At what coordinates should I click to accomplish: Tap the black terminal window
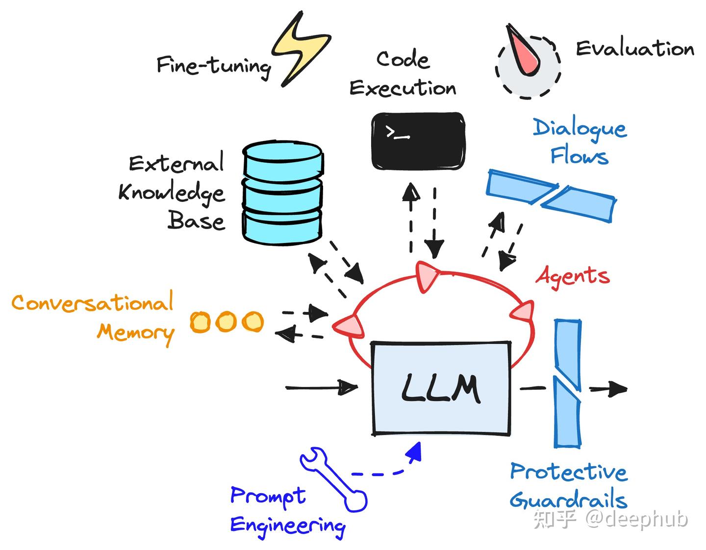[x=418, y=141]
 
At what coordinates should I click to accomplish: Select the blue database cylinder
[x=282, y=193]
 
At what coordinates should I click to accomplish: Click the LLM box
[x=441, y=388]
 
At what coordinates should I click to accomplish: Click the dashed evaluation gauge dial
[x=527, y=66]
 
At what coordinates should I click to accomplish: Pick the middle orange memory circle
[x=226, y=322]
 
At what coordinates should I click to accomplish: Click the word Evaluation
[x=635, y=48]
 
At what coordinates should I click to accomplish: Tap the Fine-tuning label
[x=213, y=66]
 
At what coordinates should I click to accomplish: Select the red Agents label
[x=573, y=276]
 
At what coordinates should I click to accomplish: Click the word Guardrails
[x=569, y=500]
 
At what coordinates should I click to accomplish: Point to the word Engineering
[x=288, y=526]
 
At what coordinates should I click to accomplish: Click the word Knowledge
[x=172, y=193]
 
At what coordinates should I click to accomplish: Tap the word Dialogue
[x=580, y=128]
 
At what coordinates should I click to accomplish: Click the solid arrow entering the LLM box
[x=322, y=388]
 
